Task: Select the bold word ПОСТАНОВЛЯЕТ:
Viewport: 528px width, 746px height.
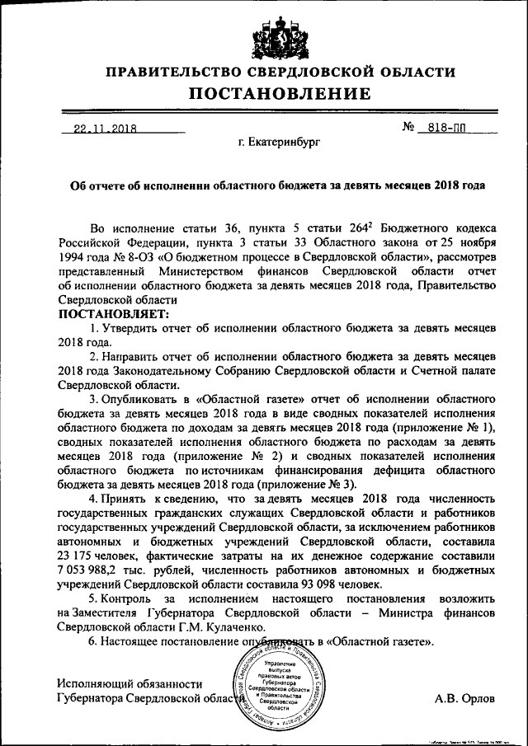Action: [x=112, y=314]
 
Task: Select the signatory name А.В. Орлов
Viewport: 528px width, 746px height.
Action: [x=465, y=699]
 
